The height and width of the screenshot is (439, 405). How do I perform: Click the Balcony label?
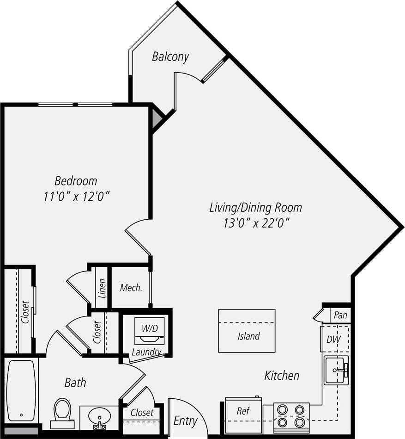170,57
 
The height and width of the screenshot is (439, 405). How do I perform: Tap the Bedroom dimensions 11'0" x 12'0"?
76,196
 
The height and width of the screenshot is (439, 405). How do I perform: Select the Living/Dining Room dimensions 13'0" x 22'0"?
255,223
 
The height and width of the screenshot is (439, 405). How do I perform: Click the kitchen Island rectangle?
247,331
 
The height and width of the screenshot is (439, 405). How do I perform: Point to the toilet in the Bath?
62,411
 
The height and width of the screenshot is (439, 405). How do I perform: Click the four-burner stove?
291,416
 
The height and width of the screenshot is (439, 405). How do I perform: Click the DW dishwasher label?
333,339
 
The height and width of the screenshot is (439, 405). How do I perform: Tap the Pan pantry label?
340,315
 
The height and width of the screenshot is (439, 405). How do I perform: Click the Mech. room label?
131,288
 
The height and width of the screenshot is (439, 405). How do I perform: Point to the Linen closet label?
102,288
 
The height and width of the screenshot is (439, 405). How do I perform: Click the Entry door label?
185,421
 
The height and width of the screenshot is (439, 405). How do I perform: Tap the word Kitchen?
282,376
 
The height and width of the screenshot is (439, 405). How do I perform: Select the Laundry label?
146,352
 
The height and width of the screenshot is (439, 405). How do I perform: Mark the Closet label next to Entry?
142,412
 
